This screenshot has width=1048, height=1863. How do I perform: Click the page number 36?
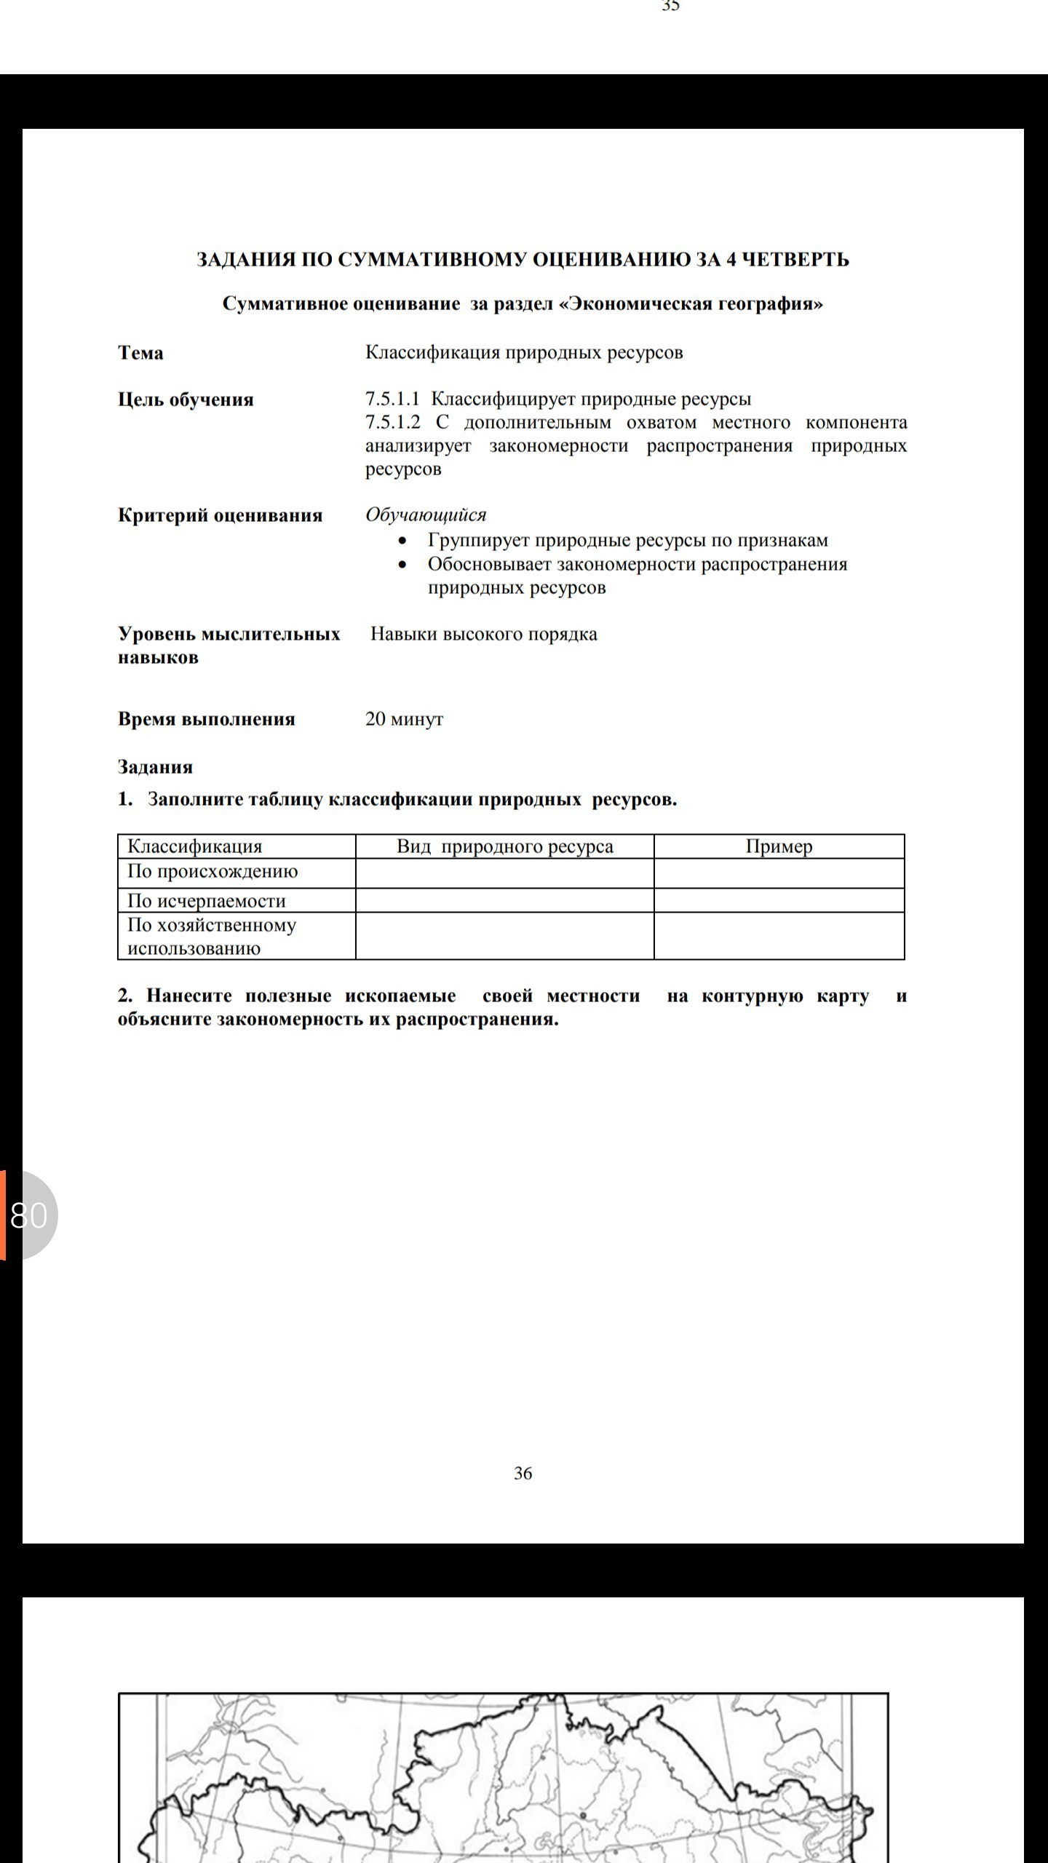point(523,1473)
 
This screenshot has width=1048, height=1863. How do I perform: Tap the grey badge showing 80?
point(29,1215)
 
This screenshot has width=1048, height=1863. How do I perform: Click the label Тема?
point(140,353)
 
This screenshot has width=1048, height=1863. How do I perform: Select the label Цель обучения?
point(186,400)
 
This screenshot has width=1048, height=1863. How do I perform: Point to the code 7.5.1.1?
point(393,400)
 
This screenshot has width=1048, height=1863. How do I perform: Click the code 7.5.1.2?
point(393,423)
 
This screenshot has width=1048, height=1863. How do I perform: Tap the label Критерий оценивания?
point(220,515)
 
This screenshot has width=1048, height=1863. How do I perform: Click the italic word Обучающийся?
point(426,515)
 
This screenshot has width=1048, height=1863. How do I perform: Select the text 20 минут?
point(404,719)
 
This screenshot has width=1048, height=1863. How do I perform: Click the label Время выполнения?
point(206,719)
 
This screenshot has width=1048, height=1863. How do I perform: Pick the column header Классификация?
point(194,846)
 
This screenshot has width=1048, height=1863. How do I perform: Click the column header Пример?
point(779,846)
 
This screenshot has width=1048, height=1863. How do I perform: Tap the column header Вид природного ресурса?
point(504,846)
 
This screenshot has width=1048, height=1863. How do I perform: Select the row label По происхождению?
point(213,871)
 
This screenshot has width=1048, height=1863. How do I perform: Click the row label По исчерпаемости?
point(206,901)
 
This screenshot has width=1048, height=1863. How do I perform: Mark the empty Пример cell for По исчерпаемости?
point(779,901)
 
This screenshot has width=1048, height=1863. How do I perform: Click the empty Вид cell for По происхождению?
point(504,873)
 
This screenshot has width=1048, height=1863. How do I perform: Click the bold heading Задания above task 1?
point(155,767)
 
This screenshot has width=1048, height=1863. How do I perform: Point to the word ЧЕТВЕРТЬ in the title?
point(795,260)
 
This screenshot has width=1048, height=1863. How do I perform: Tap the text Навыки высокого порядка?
point(484,634)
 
